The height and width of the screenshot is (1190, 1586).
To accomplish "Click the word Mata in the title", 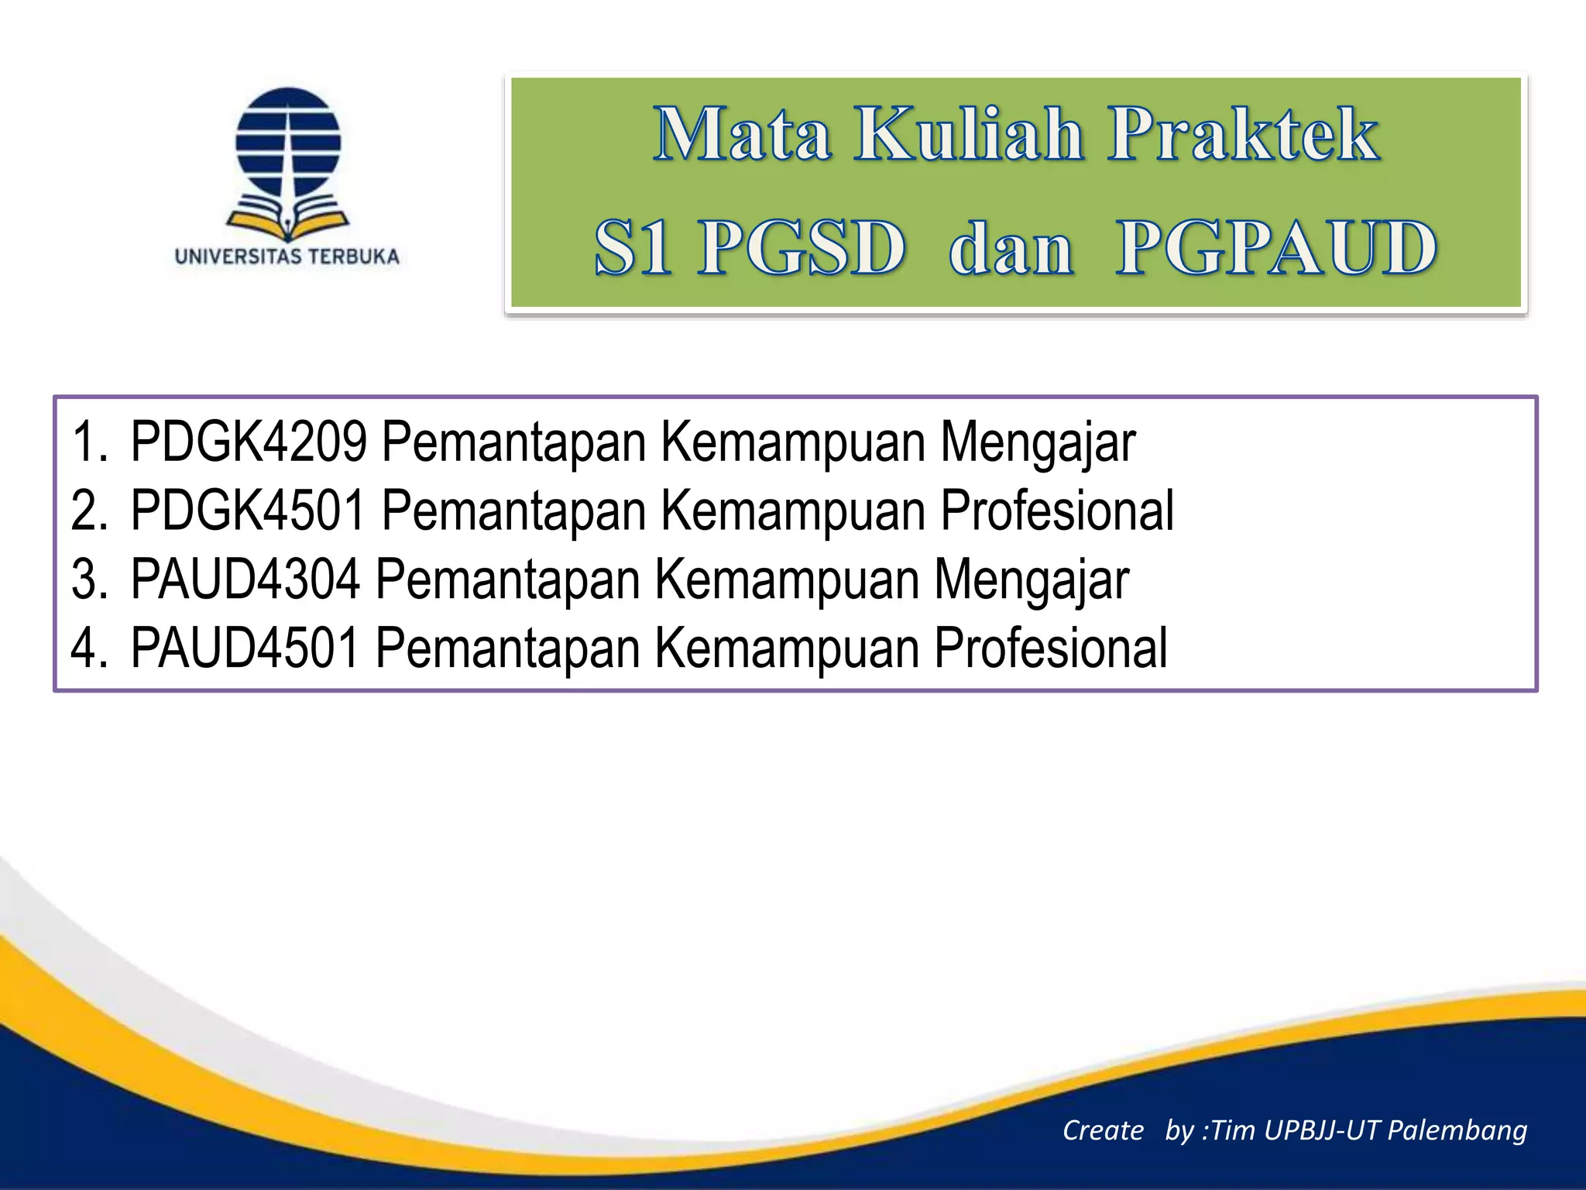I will [742, 135].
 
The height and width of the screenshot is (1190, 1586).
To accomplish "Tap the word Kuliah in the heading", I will [969, 135].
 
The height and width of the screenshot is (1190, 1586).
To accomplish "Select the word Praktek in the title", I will [1242, 135].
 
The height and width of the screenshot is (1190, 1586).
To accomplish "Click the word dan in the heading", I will [1011, 249].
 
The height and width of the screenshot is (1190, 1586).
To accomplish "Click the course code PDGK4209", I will [248, 442].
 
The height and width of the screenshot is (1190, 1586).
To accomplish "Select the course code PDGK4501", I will [248, 511].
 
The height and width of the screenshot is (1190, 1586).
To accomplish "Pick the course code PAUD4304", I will [245, 579].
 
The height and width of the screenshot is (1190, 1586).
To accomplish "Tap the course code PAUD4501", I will [245, 648].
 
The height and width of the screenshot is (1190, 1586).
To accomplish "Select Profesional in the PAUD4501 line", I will [1050, 648].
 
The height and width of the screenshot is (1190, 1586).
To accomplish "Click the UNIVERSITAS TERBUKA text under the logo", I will [287, 256].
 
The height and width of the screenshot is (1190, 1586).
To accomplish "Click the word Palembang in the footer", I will [1457, 1130].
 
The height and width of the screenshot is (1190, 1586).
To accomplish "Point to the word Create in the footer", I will [1103, 1130].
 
